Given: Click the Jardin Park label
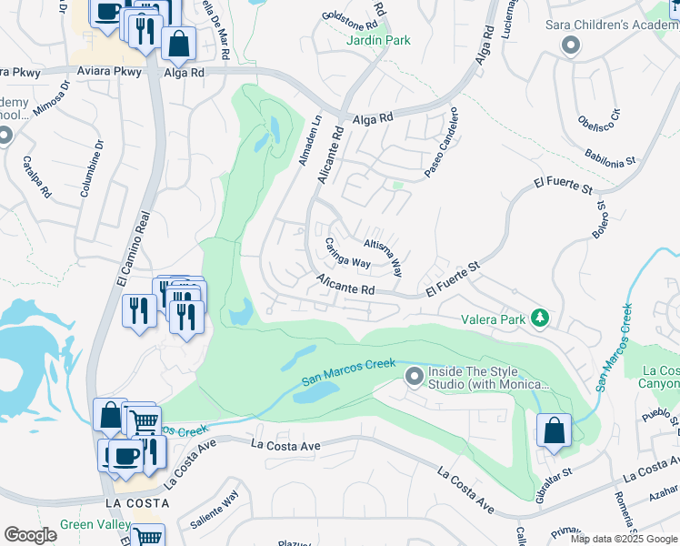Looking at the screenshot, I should (x=378, y=40).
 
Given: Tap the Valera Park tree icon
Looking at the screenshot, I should (x=541, y=318).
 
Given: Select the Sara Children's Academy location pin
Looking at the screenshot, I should (x=571, y=45).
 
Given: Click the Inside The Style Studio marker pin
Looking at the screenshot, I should (x=415, y=376).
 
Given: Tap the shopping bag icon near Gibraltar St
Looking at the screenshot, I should (x=554, y=431).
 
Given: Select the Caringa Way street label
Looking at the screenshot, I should (x=347, y=253).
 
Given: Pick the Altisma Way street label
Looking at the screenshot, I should (x=384, y=258).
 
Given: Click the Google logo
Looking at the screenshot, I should (x=31, y=535).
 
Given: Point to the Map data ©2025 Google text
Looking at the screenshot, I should (x=624, y=539).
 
